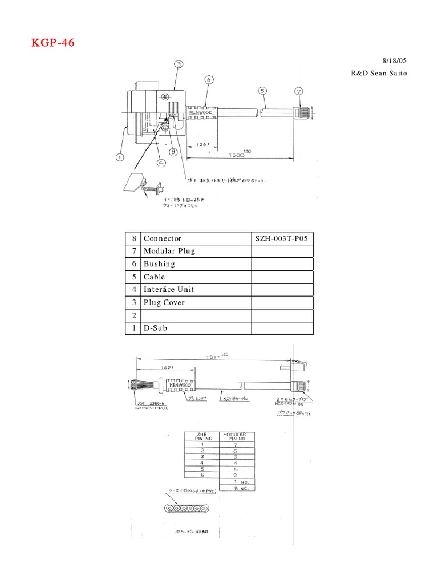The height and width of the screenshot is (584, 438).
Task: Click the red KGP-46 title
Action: pos(53,43)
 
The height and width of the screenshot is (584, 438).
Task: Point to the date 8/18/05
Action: pos(394,60)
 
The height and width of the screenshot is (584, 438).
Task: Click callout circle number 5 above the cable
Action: pos(262,90)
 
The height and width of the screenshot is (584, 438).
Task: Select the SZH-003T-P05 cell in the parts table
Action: pos(282,238)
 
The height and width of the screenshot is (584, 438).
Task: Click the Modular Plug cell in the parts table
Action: pos(169,251)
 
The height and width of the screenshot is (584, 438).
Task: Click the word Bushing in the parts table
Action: pos(159,264)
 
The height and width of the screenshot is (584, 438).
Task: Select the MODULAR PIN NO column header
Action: pos(234,436)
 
